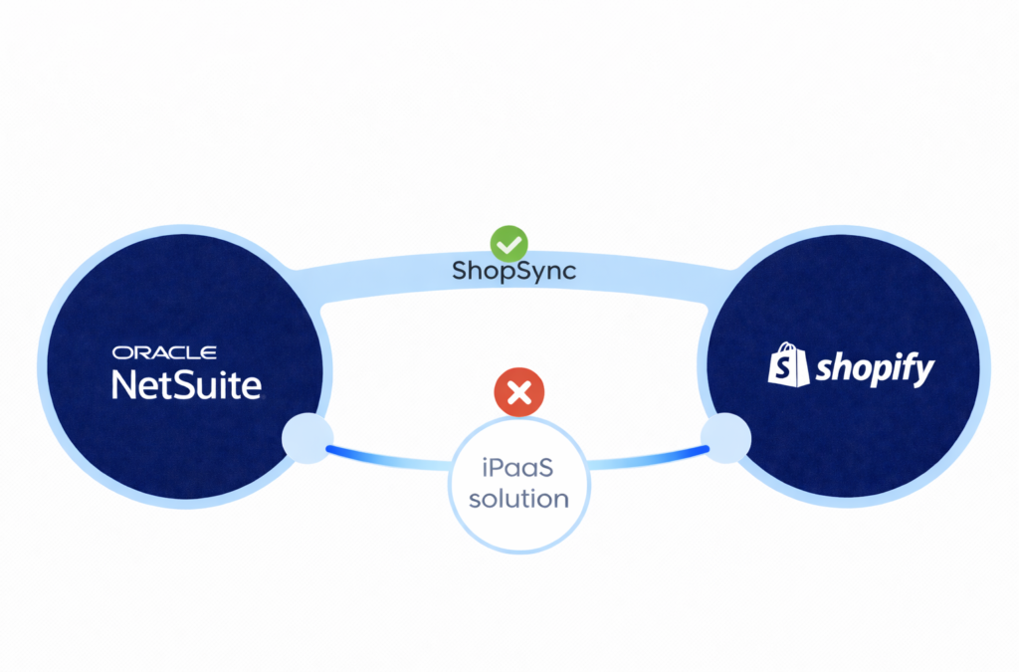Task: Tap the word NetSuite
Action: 186,384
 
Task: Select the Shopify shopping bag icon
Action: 788,365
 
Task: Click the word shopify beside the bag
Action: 875,370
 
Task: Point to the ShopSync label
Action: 513,271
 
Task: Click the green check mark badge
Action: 509,242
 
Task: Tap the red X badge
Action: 518,392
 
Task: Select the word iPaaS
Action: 518,465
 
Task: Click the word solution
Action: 518,497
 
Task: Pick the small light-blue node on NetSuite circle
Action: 305,439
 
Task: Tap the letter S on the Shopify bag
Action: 788,371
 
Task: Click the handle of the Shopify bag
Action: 786,349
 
